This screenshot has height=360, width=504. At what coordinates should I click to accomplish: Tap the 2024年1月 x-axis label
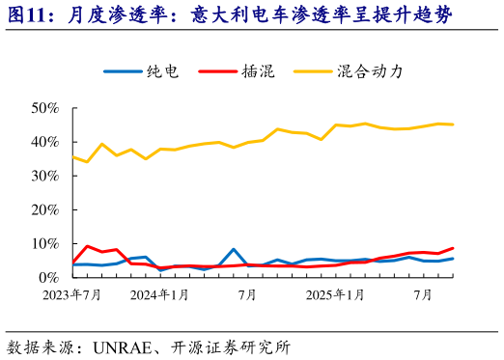[159, 294]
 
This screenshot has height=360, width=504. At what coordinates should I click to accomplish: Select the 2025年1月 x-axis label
[336, 294]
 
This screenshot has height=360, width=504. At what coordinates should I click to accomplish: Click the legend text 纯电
[161, 71]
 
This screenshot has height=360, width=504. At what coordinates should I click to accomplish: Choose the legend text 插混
[258, 71]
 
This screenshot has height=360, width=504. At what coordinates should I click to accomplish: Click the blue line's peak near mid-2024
[233, 249]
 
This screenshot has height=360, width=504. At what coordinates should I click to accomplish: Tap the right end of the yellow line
[453, 125]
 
